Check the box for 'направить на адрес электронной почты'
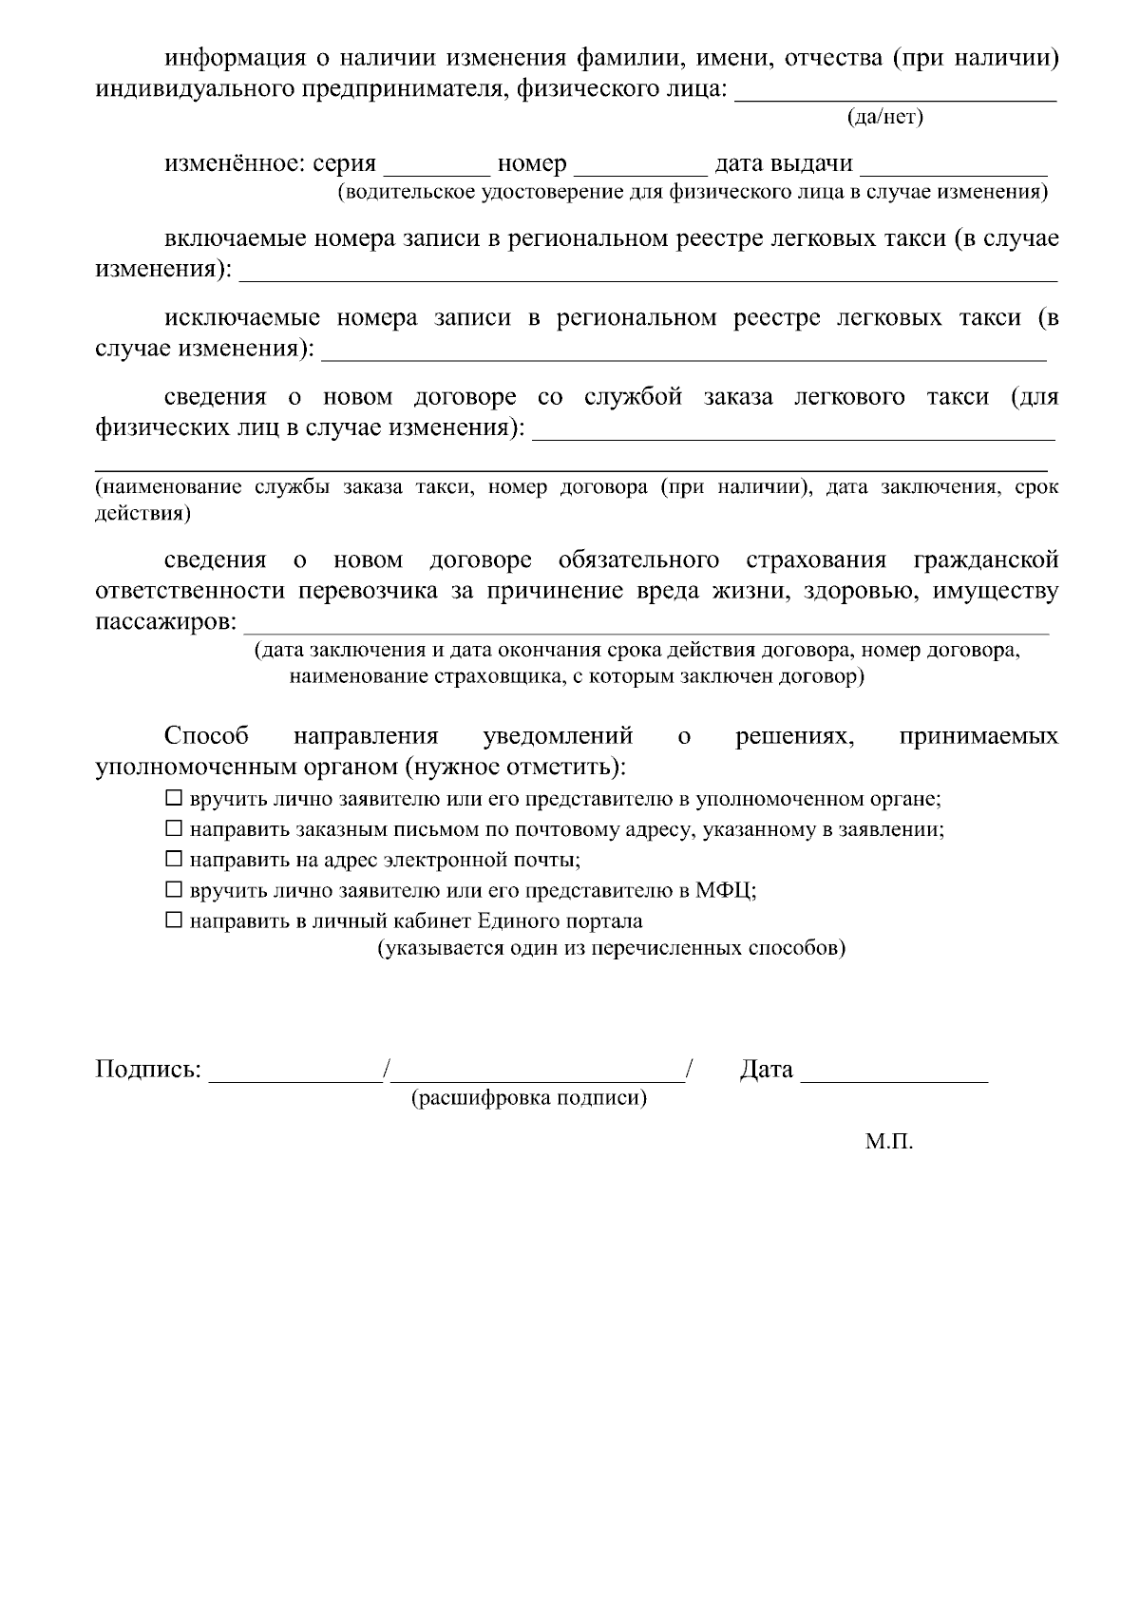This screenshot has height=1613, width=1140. point(173,860)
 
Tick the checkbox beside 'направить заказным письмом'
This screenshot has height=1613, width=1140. point(173,828)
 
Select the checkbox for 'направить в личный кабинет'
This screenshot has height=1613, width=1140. point(173,920)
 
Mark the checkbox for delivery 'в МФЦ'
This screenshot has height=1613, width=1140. point(173,890)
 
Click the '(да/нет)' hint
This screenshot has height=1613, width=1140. point(884,117)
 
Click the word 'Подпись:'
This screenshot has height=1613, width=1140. point(148,1070)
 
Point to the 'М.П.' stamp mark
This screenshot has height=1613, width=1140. point(888,1142)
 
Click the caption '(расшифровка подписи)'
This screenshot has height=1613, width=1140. point(529,1098)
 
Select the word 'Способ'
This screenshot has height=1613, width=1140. point(206,736)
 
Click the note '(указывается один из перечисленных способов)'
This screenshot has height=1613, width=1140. point(612,948)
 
